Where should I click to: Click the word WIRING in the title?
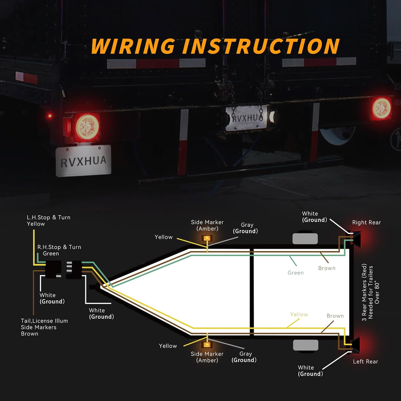tap(133, 46)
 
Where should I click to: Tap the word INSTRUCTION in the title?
tap(261, 46)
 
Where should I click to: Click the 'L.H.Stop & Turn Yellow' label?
tap(48, 221)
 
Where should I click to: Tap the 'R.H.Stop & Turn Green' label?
tap(59, 250)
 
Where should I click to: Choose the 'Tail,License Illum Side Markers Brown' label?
tap(44, 327)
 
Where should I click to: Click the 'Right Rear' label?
tap(366, 222)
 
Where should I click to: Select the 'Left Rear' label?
tap(365, 361)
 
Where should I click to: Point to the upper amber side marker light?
tap(207, 238)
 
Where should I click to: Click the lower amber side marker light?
tap(207, 345)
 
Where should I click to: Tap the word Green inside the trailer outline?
tap(295, 273)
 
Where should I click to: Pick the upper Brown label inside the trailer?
tap(327, 268)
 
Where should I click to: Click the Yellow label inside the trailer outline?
tap(299, 314)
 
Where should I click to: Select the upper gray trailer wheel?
tap(305, 239)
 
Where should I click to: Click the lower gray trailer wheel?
tap(306, 345)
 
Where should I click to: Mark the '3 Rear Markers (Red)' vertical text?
tap(364, 292)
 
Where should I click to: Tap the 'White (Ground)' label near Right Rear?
tap(314, 217)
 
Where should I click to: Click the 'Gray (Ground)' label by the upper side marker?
tap(245, 228)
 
